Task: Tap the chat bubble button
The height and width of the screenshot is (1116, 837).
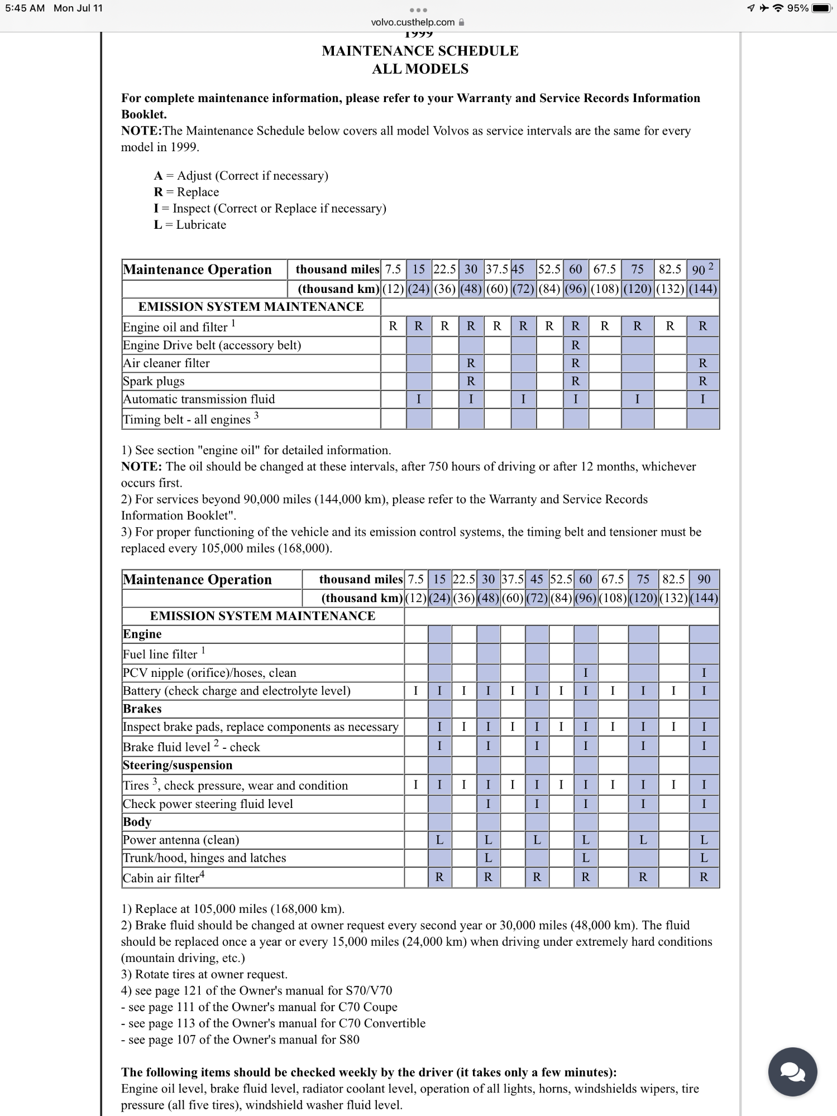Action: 792,1071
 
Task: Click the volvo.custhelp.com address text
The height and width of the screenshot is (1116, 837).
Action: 413,22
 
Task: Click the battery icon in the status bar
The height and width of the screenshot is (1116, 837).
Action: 821,8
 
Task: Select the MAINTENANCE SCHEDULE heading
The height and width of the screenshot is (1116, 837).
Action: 420,51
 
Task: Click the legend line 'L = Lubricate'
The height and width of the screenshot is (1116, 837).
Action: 190,225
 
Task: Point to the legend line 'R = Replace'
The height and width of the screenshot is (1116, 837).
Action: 186,192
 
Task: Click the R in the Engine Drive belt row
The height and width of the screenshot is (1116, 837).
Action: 575,345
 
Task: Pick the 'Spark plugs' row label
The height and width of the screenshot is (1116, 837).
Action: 154,382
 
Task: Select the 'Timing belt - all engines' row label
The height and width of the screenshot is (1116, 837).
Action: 187,420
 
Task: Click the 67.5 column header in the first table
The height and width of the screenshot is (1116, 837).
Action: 604,270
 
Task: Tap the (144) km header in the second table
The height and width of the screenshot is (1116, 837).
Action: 704,598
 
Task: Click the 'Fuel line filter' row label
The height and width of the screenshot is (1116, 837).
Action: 160,655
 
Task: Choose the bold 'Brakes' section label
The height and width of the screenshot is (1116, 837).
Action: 142,709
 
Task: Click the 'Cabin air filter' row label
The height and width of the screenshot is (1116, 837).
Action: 161,878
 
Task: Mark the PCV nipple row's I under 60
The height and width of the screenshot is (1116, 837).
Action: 585,673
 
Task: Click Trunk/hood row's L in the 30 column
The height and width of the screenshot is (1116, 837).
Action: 488,858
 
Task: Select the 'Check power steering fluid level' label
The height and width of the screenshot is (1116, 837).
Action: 208,804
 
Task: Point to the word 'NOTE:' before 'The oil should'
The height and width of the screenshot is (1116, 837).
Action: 141,466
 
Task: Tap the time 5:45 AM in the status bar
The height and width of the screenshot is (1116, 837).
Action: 25,8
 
